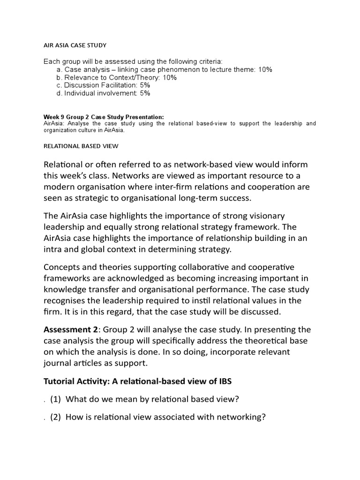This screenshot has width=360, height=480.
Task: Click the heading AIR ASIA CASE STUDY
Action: click(75, 45)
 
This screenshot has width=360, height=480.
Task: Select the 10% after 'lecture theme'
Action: click(265, 69)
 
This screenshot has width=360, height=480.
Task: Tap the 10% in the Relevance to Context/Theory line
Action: click(169, 77)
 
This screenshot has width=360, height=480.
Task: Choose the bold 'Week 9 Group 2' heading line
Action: click(104, 117)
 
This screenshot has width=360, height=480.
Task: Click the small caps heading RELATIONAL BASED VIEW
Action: click(81, 146)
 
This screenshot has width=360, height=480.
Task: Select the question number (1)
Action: click(56, 399)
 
